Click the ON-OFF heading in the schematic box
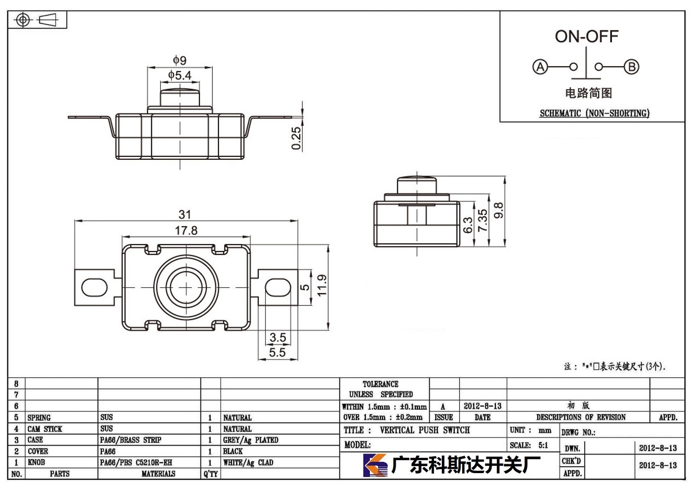point(586,36)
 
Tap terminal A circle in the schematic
point(540,67)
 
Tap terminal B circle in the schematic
point(631,67)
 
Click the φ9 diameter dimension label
point(180,60)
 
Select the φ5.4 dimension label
point(180,75)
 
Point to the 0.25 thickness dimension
point(296,138)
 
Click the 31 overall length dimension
point(185,214)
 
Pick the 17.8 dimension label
point(186,230)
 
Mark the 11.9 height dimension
point(322,286)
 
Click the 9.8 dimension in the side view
point(499,211)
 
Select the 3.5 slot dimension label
point(278,337)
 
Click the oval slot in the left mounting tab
point(94,287)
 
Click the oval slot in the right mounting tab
point(278,287)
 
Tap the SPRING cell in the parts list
point(39,418)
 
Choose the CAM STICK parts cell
point(45,429)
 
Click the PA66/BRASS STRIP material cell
point(130,440)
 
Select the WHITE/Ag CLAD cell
point(248,463)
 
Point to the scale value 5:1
point(543,445)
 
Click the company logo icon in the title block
point(375,465)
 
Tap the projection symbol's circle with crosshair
point(23,20)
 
